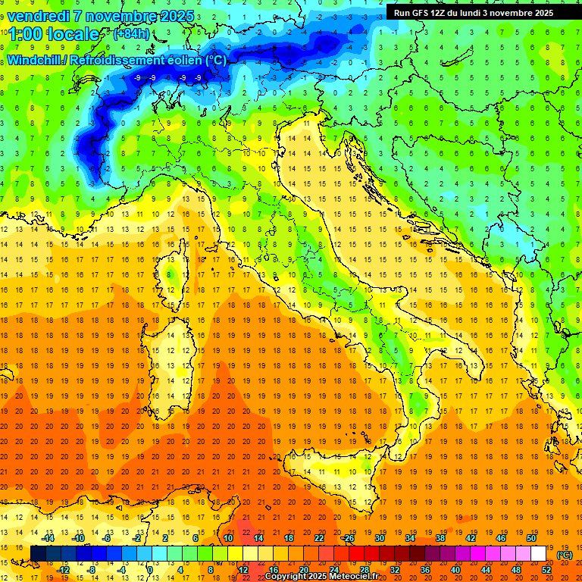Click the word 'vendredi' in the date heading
click(x=38, y=15)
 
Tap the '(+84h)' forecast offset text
click(x=130, y=34)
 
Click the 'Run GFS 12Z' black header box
click(x=474, y=13)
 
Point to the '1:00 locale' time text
click(x=52, y=34)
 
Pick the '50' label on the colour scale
click(x=531, y=537)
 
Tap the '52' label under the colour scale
click(x=546, y=570)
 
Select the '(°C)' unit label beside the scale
click(x=565, y=554)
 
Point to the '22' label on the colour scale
click(x=319, y=537)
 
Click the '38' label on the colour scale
click(x=440, y=537)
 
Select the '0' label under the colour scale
click(x=151, y=570)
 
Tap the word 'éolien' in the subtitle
click(x=174, y=60)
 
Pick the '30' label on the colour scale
click(x=380, y=537)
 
